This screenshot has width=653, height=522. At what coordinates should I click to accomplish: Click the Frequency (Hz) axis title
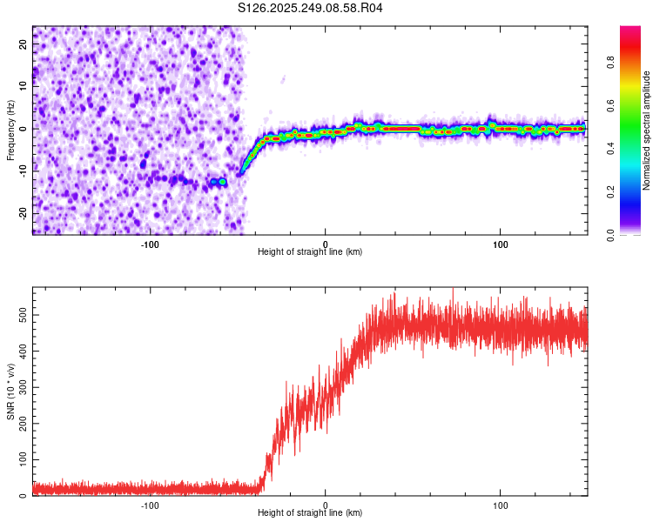pos(10,130)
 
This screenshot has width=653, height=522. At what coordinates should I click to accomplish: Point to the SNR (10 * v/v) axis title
pos(10,392)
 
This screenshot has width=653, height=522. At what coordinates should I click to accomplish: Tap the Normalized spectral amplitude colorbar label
pos(647,130)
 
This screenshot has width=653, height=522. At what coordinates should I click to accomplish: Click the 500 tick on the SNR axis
pos(19,316)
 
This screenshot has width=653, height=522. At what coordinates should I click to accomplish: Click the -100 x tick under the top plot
pos(150,243)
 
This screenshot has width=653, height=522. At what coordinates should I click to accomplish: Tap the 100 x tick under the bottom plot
pos(501,505)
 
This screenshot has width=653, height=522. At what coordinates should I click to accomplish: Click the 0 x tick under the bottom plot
pos(326,505)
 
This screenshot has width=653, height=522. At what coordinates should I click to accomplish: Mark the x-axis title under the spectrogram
pos(310,252)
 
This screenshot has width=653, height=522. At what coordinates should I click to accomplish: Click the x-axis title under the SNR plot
pos(310,514)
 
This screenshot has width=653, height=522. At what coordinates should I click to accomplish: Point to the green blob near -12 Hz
pos(223,182)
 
